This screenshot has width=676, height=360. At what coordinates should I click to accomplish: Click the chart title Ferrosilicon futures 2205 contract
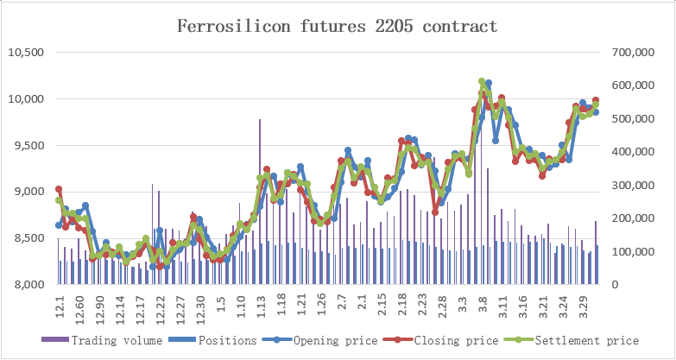pyautogui.click(x=337, y=26)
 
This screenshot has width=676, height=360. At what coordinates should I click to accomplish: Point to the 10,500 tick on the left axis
pyautogui.click(x=26, y=52)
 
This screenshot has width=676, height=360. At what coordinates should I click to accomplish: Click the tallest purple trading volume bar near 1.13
pyautogui.click(x=259, y=120)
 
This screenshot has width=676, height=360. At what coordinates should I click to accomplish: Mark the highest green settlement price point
pyautogui.click(x=482, y=82)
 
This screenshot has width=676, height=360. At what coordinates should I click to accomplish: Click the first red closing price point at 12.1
pyautogui.click(x=59, y=189)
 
